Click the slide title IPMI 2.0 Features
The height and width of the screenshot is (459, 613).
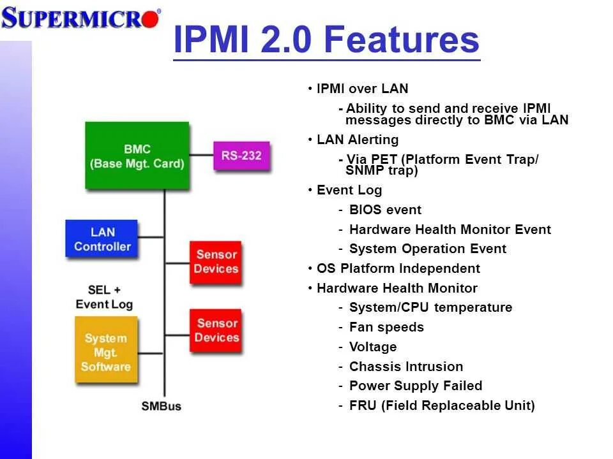click(326, 40)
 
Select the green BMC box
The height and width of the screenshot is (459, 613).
click(137, 156)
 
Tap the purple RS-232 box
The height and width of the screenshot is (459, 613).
click(241, 156)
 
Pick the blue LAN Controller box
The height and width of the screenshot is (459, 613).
click(102, 239)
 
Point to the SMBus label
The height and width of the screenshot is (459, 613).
click(161, 406)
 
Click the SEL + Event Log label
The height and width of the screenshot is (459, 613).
click(104, 298)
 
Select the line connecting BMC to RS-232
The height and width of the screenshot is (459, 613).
click(201, 156)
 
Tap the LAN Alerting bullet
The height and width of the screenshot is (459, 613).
click(357, 140)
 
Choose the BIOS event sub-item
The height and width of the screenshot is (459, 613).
click(385, 210)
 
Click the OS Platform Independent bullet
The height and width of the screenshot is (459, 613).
click(398, 268)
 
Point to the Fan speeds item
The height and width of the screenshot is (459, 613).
click(386, 327)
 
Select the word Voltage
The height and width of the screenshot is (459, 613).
click(373, 347)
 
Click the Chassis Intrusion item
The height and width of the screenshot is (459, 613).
click(406, 367)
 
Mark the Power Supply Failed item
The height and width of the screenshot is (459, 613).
click(416, 386)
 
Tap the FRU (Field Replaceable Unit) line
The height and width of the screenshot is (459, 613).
click(442, 405)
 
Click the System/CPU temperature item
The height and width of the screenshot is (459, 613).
click(430, 307)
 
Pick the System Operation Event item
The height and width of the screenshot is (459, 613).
click(428, 249)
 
